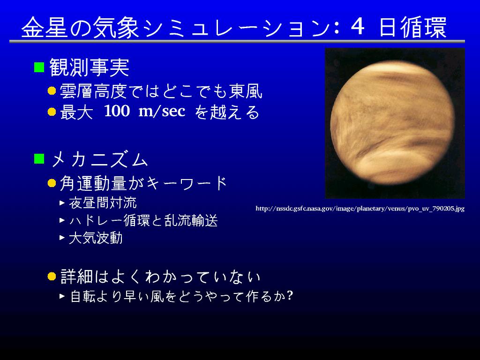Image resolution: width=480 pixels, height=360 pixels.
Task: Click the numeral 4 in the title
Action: click(358, 27)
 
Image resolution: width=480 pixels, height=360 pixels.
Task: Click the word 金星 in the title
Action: click(45, 27)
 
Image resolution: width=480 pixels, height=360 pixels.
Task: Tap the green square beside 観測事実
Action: click(39, 67)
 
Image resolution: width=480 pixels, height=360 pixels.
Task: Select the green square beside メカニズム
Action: click(39, 158)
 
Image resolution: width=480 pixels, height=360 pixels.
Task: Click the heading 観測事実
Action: click(90, 67)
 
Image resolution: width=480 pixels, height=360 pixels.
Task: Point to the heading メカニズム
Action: click(99, 159)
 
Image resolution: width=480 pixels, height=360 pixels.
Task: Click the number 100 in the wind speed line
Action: click(117, 111)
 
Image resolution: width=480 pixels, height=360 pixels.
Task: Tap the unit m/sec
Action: click(162, 111)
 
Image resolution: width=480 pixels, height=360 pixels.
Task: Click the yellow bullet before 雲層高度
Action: click(52, 91)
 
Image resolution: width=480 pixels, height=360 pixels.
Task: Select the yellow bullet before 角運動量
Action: click(52, 183)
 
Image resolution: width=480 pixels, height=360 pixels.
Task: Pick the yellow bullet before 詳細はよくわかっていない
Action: click(52, 277)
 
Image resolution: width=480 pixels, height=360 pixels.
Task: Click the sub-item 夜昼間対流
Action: click(103, 202)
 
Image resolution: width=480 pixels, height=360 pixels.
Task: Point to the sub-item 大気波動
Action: click(96, 238)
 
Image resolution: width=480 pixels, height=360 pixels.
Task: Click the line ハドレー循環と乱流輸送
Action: click(143, 220)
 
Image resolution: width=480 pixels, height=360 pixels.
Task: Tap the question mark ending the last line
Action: click(290, 296)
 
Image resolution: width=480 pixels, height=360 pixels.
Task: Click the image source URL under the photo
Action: click(360, 209)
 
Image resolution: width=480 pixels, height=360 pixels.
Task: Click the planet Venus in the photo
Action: click(392, 122)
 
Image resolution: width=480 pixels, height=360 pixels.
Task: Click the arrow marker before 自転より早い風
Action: click(62, 296)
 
